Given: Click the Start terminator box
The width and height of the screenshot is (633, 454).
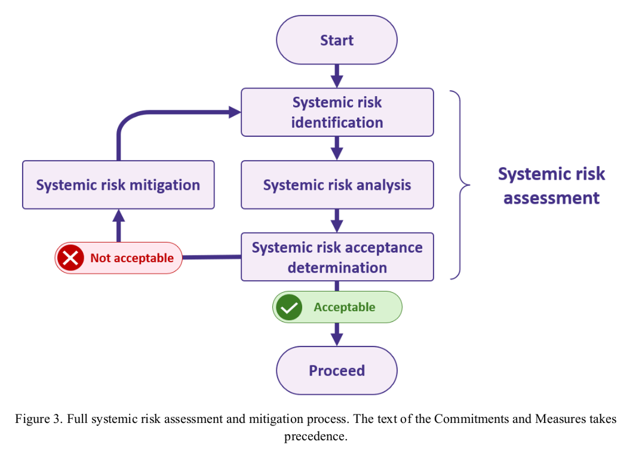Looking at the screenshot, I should point(337,40).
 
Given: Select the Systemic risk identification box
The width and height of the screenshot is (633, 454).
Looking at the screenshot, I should point(337,112).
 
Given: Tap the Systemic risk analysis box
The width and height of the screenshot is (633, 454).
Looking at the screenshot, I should point(337,185).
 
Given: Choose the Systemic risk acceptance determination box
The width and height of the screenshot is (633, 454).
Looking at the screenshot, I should point(337,257).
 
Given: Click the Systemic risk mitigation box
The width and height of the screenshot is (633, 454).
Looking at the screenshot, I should point(118,185).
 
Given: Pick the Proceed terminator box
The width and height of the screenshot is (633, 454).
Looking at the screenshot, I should point(337,370).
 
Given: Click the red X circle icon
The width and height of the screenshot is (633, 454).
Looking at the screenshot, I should point(70,258).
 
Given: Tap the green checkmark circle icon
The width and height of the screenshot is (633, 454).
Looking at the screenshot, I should point(289,308).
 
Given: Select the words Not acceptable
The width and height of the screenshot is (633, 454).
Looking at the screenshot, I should point(131,258).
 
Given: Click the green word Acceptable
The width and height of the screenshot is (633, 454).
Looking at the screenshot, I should point(345,308).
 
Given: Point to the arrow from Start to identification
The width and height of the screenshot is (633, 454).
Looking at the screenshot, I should point(337,76).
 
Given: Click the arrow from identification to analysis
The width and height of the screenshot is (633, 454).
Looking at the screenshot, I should point(337,148).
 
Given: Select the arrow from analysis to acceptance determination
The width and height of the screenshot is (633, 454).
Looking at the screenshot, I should point(337,220).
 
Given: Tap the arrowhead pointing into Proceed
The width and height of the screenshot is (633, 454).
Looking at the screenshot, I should point(337,339).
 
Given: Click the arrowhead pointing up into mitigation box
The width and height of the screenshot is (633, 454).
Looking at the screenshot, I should point(118,216).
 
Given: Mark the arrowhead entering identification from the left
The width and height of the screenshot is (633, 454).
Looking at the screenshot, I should point(233,112).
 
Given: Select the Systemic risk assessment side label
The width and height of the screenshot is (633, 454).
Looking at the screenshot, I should point(551,185).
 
